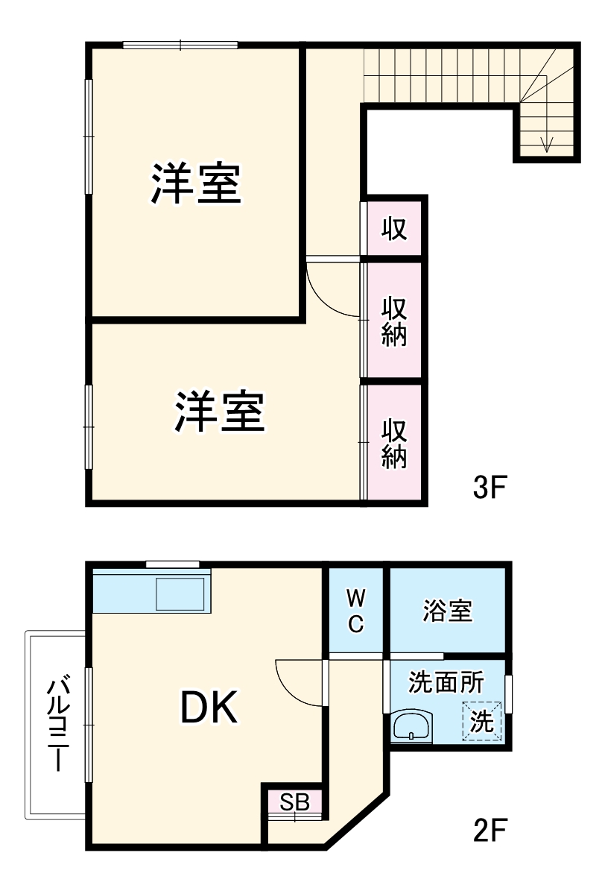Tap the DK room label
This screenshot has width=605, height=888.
pos(209,709)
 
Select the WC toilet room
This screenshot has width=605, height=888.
pos(356,610)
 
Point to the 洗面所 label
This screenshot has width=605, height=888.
pos(446,681)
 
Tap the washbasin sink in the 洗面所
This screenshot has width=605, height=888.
pos(411,725)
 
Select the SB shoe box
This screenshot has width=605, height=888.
pos(295,802)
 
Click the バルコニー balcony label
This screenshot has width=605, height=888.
pos(59,723)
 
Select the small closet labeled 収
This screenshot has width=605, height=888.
pos(394,228)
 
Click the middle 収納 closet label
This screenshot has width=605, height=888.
pos(394,321)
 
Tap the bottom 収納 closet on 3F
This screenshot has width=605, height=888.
pos(394,443)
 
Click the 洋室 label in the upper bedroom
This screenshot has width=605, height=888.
pos(196,183)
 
